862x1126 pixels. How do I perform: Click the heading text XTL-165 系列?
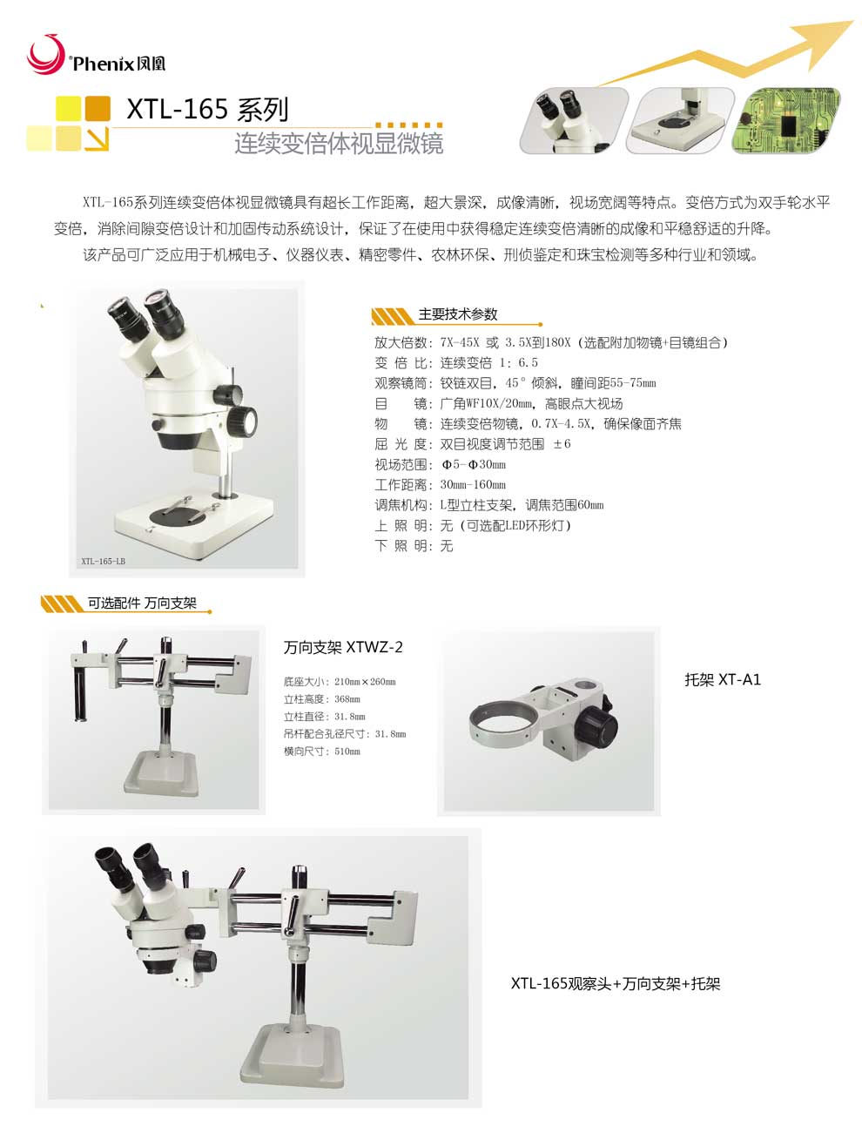coord(207,110)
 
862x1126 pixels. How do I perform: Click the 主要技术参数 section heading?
coord(458,314)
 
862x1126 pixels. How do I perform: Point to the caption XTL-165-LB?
coord(103,562)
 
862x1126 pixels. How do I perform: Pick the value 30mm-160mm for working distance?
coord(473,485)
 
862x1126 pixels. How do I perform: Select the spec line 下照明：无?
coord(414,546)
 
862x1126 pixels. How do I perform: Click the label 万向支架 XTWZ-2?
coord(343,648)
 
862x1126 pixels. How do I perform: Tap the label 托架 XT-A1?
coord(723,680)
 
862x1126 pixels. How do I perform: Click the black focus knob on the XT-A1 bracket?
coord(599,725)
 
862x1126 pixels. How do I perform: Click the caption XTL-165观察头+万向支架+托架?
coord(616,984)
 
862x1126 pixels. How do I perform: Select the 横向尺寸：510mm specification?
coord(321,752)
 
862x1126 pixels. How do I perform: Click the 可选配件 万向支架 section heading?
coord(142,603)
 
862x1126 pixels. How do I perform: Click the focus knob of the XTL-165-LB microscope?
coord(241,420)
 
